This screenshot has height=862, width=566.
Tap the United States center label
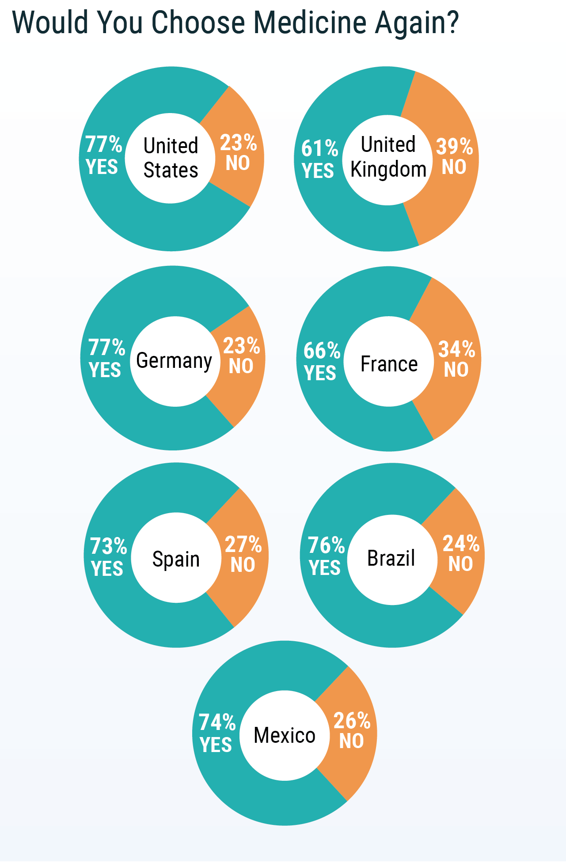(171, 158)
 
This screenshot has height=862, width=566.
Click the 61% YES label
(319, 159)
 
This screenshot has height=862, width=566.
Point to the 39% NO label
(454, 156)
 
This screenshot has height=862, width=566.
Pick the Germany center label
(174, 361)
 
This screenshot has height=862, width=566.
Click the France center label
(389, 364)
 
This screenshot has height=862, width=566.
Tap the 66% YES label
(321, 361)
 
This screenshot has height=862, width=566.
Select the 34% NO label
(456, 359)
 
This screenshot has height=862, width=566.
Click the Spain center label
(176, 559)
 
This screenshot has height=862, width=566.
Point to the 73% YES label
(108, 557)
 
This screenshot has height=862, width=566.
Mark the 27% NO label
(243, 554)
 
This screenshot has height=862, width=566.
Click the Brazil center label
(391, 558)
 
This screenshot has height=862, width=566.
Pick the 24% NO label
(461, 553)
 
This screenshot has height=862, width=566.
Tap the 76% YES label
(326, 556)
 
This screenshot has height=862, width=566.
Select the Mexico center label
(285, 735)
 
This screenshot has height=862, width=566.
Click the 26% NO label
(352, 730)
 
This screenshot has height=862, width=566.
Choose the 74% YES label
(217, 733)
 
